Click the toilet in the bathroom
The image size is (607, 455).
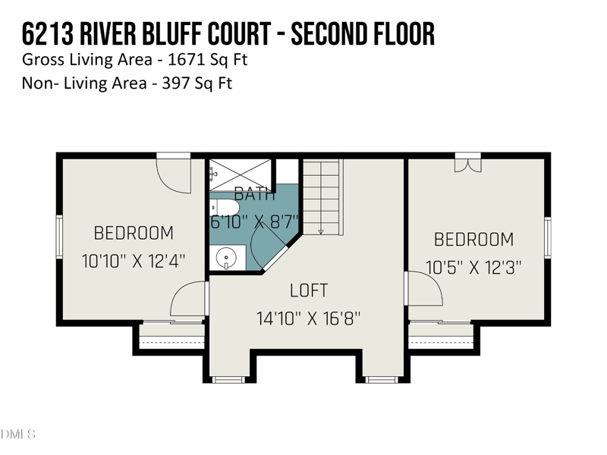(x=225, y=207)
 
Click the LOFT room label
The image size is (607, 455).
(x=309, y=290)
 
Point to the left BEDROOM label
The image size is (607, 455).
(x=134, y=233)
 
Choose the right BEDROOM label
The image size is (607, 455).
(x=473, y=240)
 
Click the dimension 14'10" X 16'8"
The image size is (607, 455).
(x=308, y=318)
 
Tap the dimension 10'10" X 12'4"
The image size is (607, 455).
(x=134, y=261)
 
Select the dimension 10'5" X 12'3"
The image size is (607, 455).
(x=473, y=268)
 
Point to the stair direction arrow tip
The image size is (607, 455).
(x=321, y=232)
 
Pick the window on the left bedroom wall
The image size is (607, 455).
(x=58, y=237)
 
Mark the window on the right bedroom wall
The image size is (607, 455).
(x=548, y=237)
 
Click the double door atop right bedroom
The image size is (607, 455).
(x=467, y=162)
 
